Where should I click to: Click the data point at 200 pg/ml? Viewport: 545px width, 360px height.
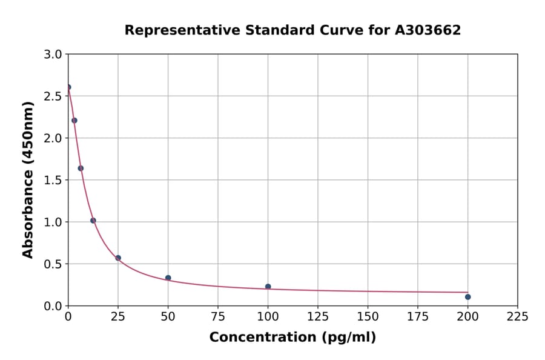tap(467, 297)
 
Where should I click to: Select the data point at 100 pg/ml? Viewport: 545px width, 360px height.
tap(268, 287)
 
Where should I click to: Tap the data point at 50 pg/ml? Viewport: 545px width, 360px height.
tap(168, 278)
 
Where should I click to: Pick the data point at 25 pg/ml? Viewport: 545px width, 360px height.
tap(118, 258)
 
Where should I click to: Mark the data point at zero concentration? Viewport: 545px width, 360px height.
tap(68, 87)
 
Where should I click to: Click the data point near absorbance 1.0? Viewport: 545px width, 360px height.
tap(93, 221)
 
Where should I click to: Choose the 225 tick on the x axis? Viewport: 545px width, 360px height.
tap(517, 316)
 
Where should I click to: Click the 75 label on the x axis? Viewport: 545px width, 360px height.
tap(218, 316)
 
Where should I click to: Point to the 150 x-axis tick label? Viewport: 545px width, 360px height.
tap(368, 316)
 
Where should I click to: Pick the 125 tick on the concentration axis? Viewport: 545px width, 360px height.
tap(318, 316)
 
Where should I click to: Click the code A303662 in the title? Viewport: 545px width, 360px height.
tap(428, 30)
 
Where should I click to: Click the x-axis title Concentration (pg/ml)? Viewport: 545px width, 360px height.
tap(292, 338)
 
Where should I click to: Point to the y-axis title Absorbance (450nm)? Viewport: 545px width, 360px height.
tap(28, 179)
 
